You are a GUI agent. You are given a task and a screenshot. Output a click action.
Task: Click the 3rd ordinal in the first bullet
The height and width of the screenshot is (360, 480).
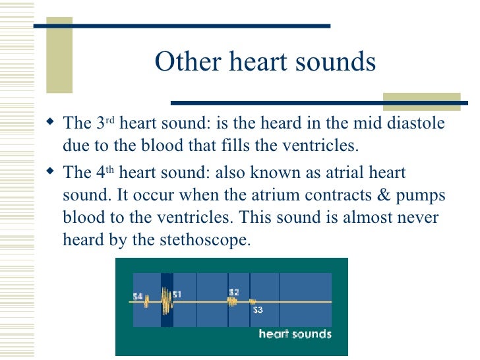104,123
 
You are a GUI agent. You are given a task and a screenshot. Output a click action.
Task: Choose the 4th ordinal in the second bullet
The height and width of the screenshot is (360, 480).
104,172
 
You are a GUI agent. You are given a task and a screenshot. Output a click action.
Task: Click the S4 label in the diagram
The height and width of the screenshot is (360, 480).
138,297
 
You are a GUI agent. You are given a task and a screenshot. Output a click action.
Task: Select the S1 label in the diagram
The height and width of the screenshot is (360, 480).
177,294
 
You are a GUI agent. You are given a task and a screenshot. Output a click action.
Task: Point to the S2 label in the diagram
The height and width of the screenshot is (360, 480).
233,291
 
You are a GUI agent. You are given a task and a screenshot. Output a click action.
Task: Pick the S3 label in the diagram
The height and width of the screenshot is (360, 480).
258,310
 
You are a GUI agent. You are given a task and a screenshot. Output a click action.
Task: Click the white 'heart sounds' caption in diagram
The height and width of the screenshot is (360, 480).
295,334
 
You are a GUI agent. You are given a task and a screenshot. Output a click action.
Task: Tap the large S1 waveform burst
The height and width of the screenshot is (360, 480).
165,303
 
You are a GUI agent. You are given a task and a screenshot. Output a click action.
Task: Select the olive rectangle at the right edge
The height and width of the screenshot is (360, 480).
421,102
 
